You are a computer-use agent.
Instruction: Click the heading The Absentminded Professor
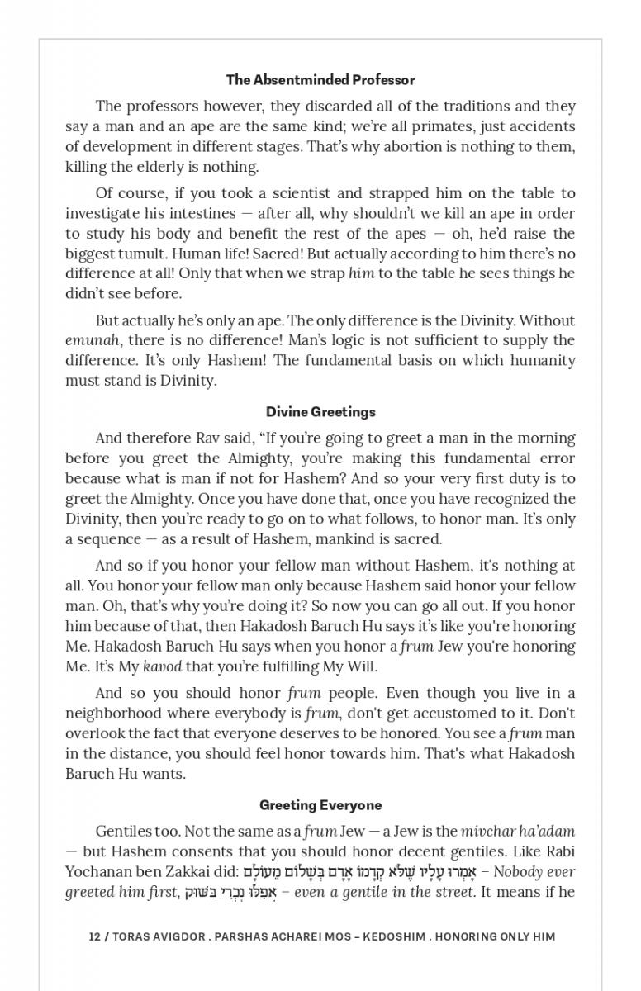click(x=320, y=80)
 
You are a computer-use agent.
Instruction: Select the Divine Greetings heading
click(x=320, y=412)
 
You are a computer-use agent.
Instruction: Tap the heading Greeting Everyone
click(x=320, y=805)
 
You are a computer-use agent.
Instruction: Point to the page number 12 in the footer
click(x=94, y=936)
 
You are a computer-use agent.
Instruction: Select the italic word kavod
click(x=162, y=666)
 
